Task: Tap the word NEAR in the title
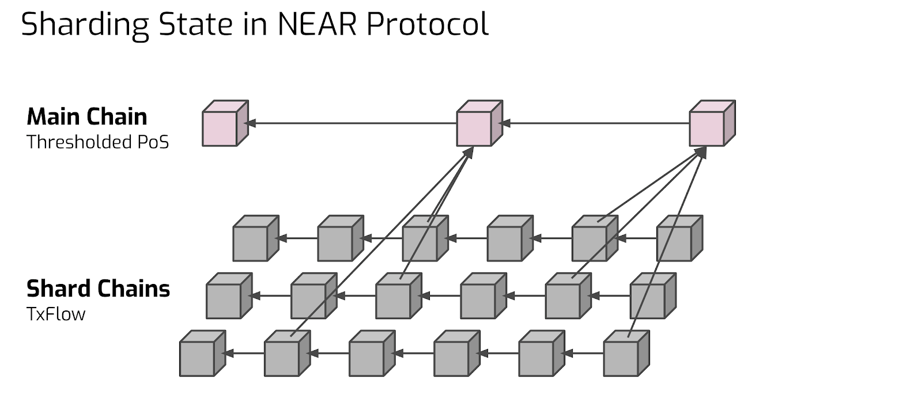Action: coord(317,24)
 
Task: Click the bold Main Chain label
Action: coord(87,116)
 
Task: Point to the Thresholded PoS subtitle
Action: coord(97,142)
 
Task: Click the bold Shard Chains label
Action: coord(98,289)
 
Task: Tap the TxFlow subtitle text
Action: coord(56,314)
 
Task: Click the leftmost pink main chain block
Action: coord(225,123)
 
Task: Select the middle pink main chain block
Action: coord(479,123)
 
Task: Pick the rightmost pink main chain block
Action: coord(712,123)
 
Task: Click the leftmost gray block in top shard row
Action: coord(256,238)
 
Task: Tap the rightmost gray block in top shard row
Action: coord(679,238)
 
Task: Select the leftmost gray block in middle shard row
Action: coord(229,295)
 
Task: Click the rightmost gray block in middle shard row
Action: coord(653,295)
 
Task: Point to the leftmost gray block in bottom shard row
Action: coord(202,353)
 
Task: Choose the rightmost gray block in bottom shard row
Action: coord(626,353)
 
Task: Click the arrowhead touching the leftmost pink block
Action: coord(250,123)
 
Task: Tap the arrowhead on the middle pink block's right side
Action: coord(505,123)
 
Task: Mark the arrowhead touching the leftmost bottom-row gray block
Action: coord(228,353)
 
